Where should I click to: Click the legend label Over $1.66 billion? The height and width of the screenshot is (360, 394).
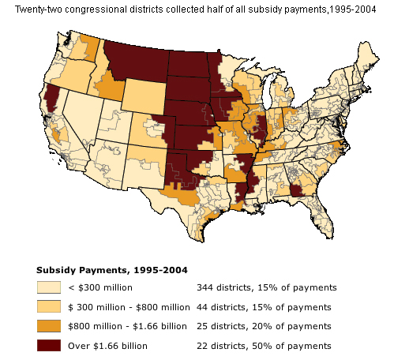pyautogui.click(x=107, y=345)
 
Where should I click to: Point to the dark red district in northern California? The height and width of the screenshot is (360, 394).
pyautogui.click(x=53, y=93)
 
